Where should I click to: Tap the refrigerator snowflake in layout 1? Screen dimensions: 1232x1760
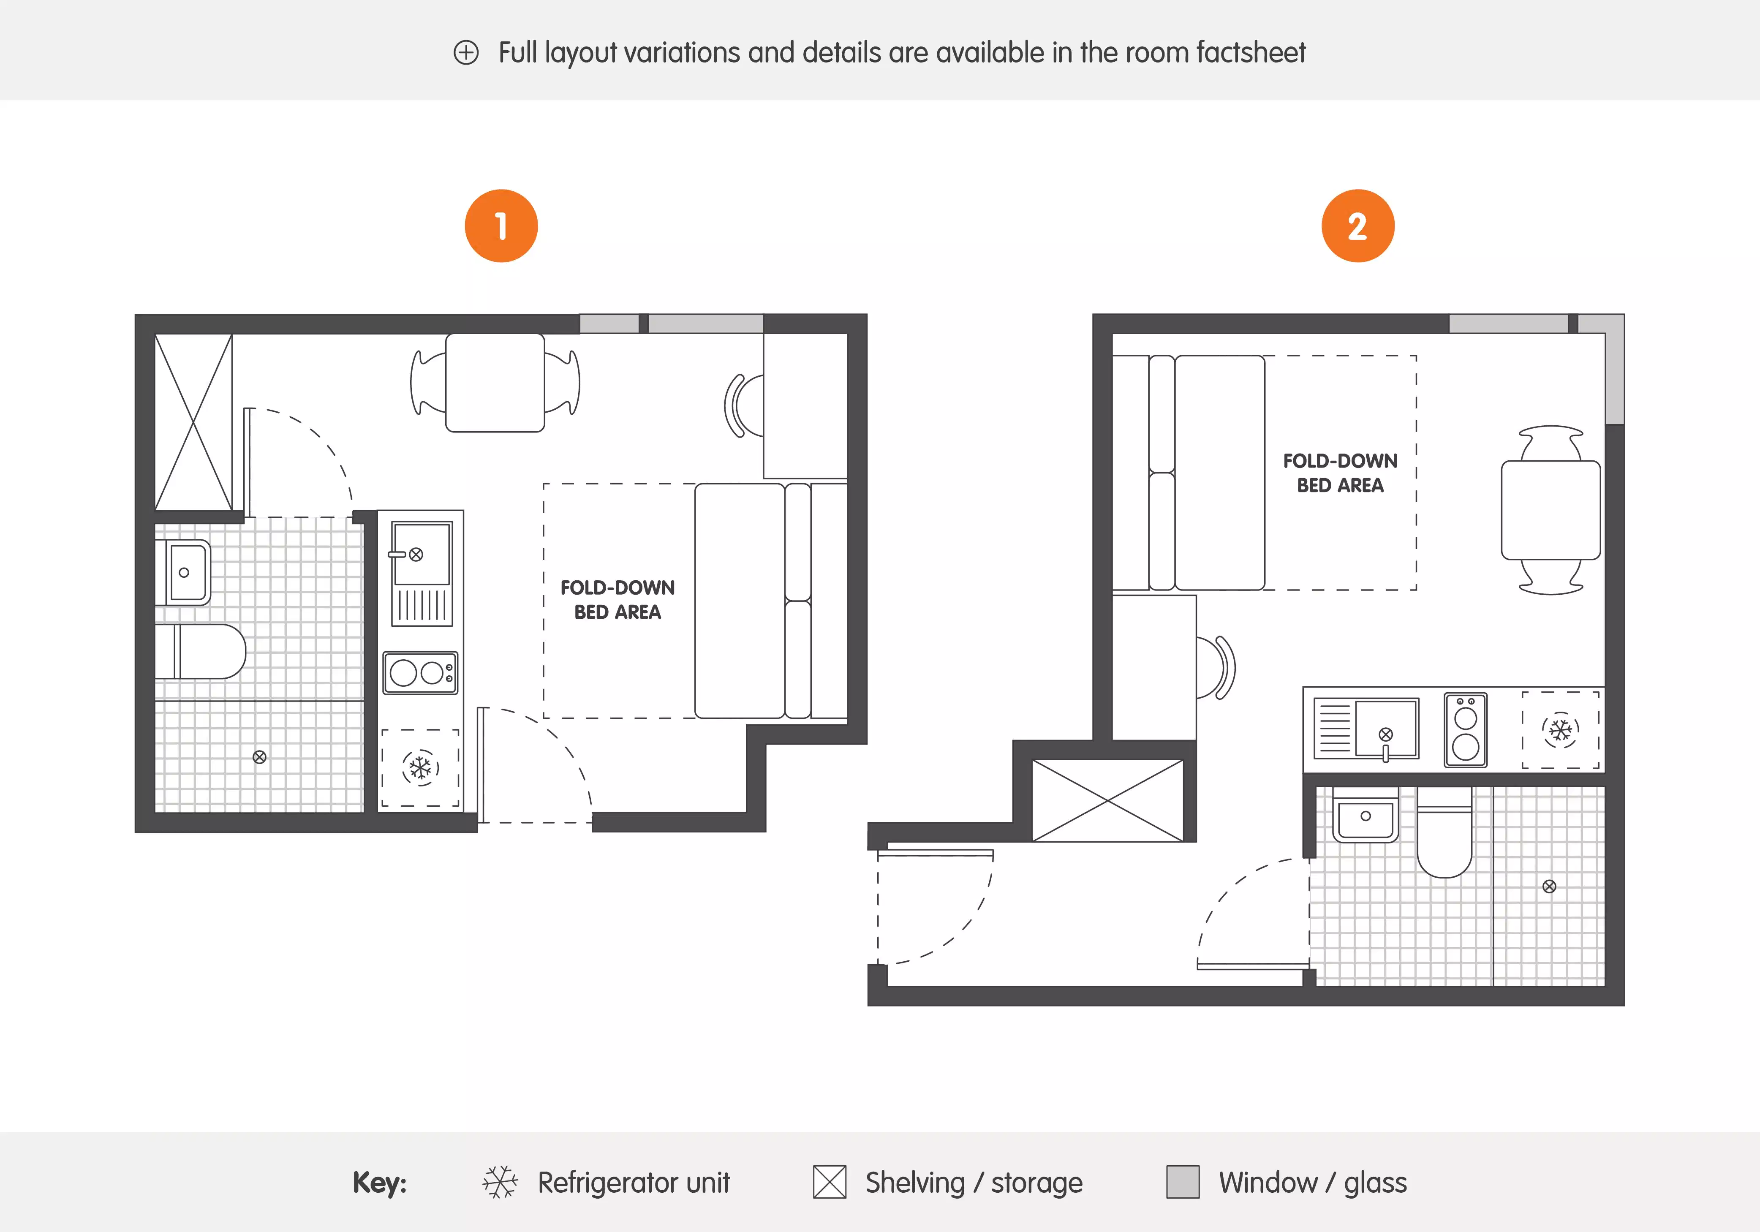click(x=420, y=767)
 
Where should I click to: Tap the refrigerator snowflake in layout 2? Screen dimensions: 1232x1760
click(x=1560, y=730)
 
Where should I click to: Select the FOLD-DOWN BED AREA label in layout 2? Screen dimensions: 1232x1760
click(x=1340, y=473)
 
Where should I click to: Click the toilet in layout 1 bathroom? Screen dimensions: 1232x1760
click(x=203, y=651)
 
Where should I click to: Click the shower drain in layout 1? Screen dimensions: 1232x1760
click(x=259, y=757)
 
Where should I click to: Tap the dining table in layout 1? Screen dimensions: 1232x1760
click(x=495, y=383)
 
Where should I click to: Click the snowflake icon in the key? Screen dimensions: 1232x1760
click(x=500, y=1182)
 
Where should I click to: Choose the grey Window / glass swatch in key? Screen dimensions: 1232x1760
click(x=1182, y=1182)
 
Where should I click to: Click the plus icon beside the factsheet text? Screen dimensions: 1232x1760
click(x=466, y=53)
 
